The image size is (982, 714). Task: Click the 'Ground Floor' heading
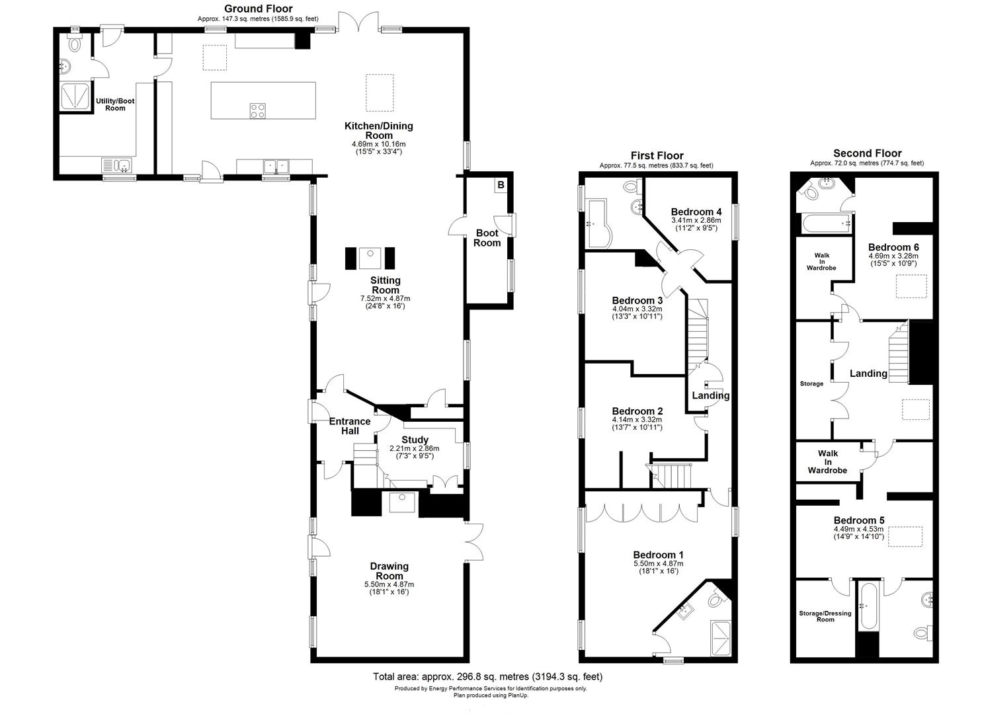pyautogui.click(x=258, y=9)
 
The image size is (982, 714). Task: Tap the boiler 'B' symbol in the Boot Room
pyautogui.click(x=501, y=185)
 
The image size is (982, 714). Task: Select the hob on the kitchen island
pyautogui.click(x=257, y=110)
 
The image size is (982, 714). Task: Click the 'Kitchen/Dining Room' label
pyautogui.click(x=379, y=131)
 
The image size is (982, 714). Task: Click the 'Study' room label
pyautogui.click(x=415, y=440)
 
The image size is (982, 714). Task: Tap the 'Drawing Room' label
pyautogui.click(x=389, y=571)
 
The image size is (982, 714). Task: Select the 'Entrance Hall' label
pyautogui.click(x=350, y=426)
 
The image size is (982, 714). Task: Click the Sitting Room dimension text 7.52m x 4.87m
pyautogui.click(x=386, y=298)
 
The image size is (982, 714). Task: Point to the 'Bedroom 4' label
pyautogui.click(x=696, y=212)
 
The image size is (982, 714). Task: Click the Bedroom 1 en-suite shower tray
pyautogui.click(x=721, y=638)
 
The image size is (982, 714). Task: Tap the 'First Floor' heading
pyautogui.click(x=657, y=155)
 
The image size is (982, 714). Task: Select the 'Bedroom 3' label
pyautogui.click(x=637, y=300)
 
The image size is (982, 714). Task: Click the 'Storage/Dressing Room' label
pyautogui.click(x=825, y=616)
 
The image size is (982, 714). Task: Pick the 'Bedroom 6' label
pyautogui.click(x=893, y=247)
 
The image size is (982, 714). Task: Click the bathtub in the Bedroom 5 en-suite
pyautogui.click(x=868, y=606)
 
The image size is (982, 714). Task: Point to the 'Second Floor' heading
pyautogui.click(x=867, y=153)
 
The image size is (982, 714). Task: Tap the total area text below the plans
pyautogui.click(x=487, y=676)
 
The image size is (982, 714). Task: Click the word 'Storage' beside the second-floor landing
pyautogui.click(x=811, y=383)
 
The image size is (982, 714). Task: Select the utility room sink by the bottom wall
pyautogui.click(x=118, y=165)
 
